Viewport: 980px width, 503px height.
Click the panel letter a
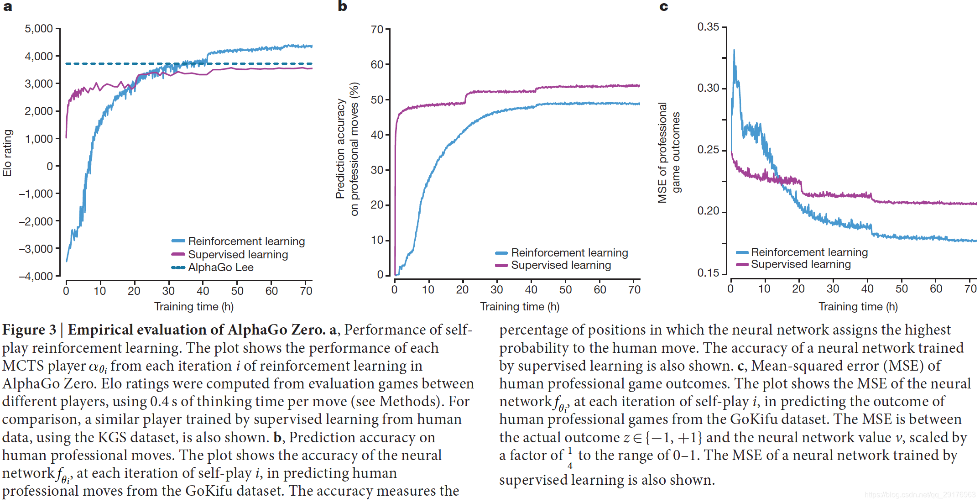(7, 6)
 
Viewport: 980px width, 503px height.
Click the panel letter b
(342, 6)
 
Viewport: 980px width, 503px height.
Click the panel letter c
(664, 6)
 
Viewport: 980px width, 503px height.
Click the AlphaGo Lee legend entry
(221, 267)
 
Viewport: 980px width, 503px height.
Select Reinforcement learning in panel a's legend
(246, 241)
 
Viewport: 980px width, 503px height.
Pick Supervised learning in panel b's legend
(561, 265)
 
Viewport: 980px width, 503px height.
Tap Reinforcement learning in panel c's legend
(809, 252)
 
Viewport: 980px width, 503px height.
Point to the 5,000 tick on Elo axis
(39, 29)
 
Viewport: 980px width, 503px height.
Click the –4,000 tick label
(36, 276)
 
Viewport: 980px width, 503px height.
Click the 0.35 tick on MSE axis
(708, 27)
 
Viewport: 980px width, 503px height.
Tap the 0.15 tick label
(708, 273)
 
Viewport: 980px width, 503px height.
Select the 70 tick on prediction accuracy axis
(377, 30)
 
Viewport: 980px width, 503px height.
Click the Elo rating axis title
(7, 153)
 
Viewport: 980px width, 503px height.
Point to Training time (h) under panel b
(520, 307)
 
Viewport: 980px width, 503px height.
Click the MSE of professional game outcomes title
(669, 153)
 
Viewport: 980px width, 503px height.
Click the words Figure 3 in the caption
(29, 330)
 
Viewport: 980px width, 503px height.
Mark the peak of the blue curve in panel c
(734, 50)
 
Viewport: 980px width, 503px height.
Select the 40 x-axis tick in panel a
(203, 291)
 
